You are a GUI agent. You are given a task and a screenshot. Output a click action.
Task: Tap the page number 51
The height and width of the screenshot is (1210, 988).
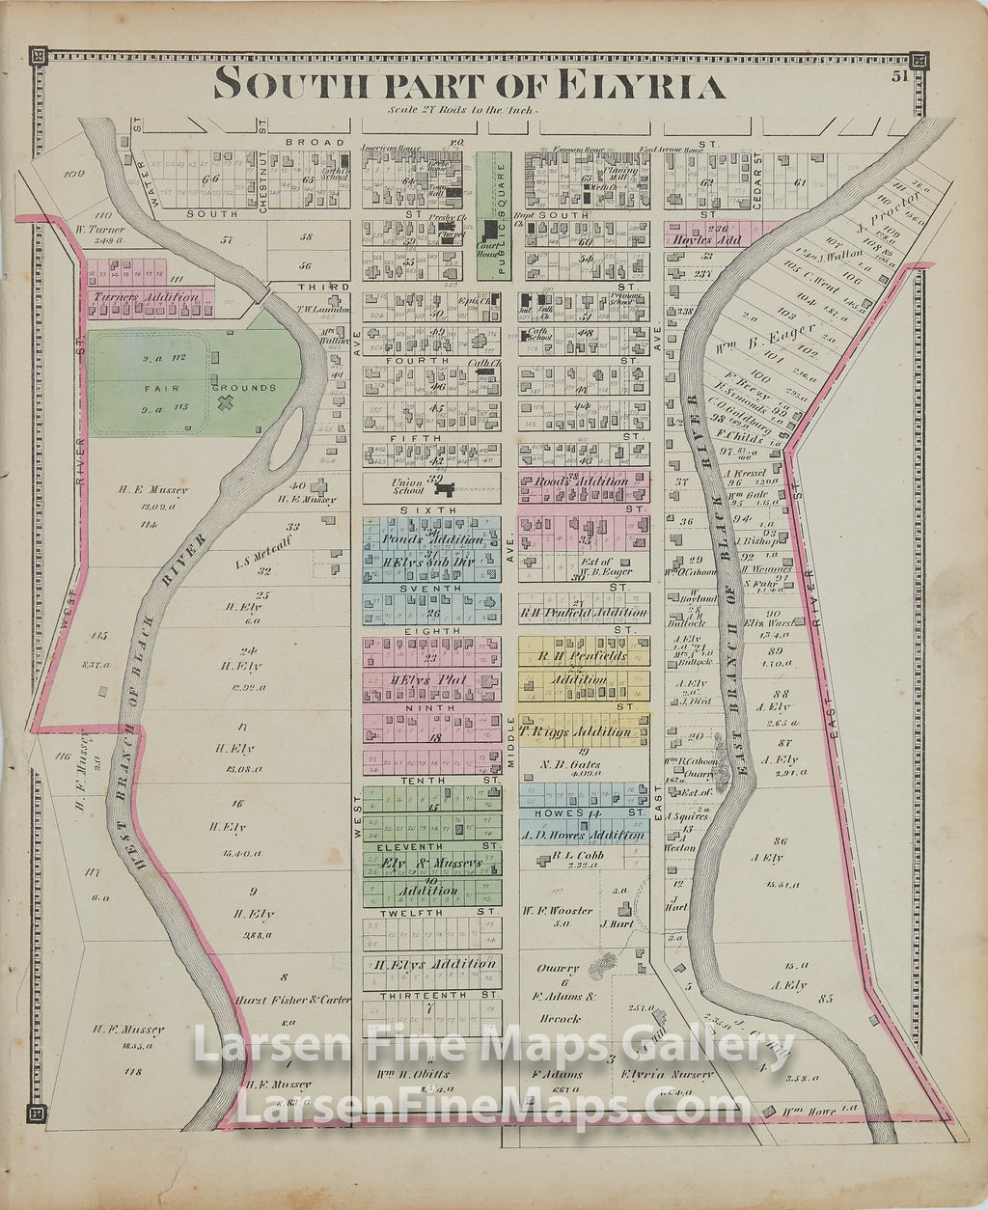[900, 76]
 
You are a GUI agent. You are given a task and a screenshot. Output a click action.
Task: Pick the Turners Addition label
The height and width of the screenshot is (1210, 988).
[147, 298]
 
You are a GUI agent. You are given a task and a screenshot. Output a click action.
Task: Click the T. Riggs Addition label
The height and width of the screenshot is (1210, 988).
[575, 731]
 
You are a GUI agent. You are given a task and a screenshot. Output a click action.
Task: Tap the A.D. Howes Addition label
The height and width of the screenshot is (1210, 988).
[583, 836]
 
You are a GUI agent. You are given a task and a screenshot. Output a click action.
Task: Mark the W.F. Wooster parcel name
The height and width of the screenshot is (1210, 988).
[558, 910]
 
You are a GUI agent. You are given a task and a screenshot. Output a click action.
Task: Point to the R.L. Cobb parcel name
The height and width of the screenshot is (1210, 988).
[575, 856]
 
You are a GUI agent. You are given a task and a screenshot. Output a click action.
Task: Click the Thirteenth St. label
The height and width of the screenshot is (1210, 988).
[430, 994]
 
